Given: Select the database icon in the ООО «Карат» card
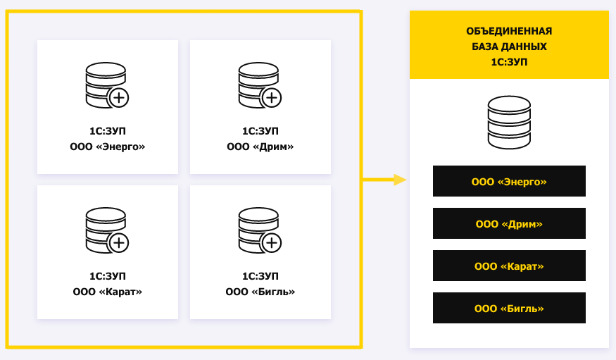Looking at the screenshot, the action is (107, 230).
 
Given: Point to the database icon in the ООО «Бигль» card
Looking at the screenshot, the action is (260, 230).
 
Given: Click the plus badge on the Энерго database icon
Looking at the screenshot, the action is (119, 98).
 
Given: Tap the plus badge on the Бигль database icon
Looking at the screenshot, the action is (272, 243).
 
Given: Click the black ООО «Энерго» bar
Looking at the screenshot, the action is (509, 181).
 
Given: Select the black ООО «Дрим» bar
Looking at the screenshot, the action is (509, 223).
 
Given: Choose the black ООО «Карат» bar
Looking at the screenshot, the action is (509, 266).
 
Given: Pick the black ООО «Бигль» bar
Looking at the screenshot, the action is (509, 308).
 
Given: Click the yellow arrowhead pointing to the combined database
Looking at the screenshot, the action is (400, 180).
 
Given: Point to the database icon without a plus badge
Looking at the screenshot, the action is (509, 123).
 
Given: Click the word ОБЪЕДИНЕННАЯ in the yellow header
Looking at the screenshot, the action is (509, 31).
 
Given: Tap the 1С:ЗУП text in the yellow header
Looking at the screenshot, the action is (509, 62).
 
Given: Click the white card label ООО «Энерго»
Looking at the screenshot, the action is (107, 147).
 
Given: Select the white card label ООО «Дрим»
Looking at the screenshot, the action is (260, 147).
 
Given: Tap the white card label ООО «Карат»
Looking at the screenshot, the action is (107, 292).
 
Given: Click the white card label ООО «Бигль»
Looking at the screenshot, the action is (260, 292).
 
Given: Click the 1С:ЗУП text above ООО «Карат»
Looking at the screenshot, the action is (107, 276).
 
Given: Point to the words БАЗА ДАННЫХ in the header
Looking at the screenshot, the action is (509, 46).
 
